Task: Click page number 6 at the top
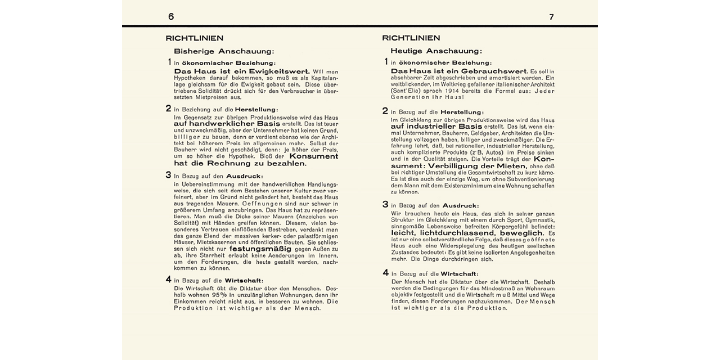point(171,17)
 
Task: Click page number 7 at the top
point(551,17)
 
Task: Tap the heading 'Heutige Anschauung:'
point(436,51)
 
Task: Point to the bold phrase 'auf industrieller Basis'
point(436,127)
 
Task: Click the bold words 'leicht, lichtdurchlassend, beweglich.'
point(467,233)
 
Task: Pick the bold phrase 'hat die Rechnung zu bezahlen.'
point(240,164)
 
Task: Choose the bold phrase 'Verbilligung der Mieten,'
point(478,166)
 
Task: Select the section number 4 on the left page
point(169,280)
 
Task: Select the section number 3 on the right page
point(385,205)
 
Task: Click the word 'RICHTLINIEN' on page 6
point(195,38)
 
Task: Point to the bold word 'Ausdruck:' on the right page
point(461,206)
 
